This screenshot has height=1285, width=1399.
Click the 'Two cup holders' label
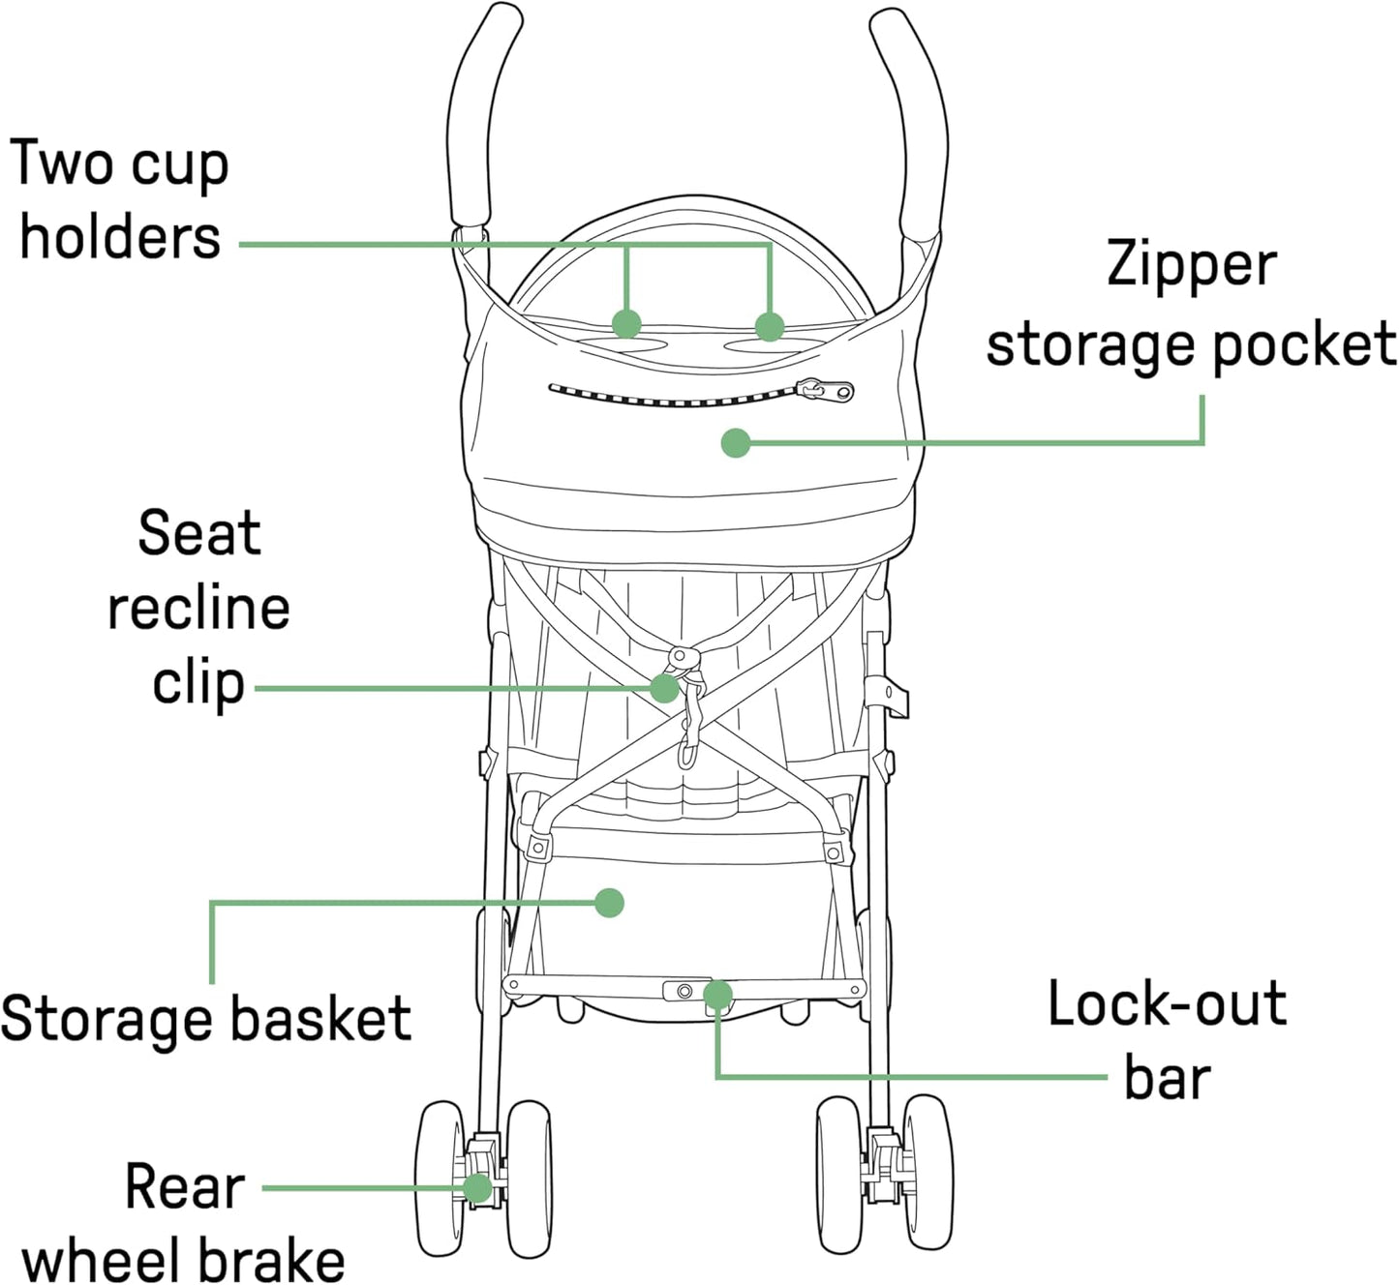[x=120, y=200]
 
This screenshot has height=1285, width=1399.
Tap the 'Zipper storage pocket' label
[x=1191, y=304]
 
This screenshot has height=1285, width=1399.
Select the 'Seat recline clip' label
[x=198, y=608]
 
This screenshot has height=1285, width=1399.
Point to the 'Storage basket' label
[x=206, y=1019]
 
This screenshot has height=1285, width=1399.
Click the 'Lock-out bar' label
[x=1168, y=1040]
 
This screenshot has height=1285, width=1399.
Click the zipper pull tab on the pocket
[x=825, y=391]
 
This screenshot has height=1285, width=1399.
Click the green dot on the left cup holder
[x=627, y=323]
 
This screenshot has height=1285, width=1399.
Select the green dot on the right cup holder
[x=770, y=327]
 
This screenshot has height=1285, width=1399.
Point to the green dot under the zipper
[x=736, y=443]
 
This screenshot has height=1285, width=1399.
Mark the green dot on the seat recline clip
[x=664, y=688]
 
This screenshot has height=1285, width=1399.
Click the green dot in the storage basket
[x=609, y=903]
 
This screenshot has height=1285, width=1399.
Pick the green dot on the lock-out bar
[x=717, y=994]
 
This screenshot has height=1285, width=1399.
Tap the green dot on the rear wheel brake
[x=477, y=1187]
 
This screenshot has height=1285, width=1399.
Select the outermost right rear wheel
[x=928, y=1173]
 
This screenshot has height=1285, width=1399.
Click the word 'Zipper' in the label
[x=1192, y=264]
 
